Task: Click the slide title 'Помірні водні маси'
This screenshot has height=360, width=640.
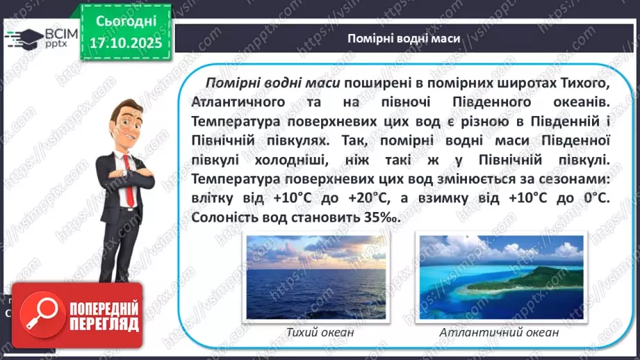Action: pos(404,38)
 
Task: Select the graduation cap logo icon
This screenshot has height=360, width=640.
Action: pos(23,38)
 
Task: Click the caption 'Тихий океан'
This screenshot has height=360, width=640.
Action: pos(320,332)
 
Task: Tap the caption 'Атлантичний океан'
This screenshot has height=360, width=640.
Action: pos(499,332)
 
